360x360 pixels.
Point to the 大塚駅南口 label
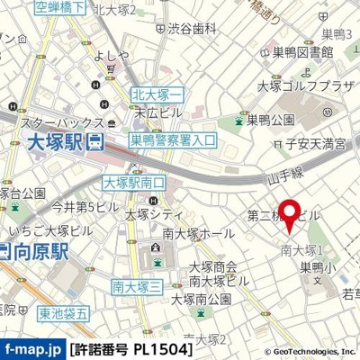click(x=134, y=183)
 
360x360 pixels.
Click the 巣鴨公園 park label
click(x=265, y=119)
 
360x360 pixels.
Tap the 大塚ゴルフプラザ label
click(x=307, y=87)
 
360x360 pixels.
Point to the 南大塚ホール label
click(x=205, y=232)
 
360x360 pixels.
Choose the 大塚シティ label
click(x=156, y=214)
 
